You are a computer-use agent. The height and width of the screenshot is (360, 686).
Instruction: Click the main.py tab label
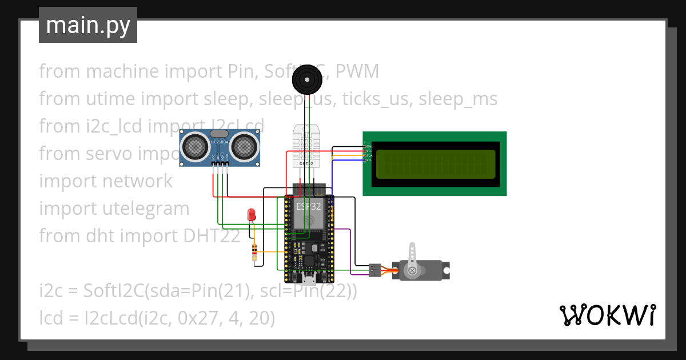click(x=87, y=25)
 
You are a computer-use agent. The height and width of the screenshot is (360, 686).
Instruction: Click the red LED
click(x=251, y=215)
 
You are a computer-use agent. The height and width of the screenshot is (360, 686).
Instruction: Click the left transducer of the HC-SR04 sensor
click(x=196, y=147)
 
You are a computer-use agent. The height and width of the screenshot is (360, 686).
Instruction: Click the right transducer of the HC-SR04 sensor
click(x=245, y=147)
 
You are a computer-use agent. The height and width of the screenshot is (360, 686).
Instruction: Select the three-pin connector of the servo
click(x=374, y=270)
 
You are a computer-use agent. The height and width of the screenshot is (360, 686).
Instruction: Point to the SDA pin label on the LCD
click(x=369, y=155)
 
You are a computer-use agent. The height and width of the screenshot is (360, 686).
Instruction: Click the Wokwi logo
click(x=607, y=315)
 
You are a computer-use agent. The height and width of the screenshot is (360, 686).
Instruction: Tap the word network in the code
click(x=137, y=181)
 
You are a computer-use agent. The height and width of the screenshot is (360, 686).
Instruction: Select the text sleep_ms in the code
click(x=458, y=99)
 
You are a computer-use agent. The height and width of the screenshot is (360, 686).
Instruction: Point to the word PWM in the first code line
click(x=357, y=71)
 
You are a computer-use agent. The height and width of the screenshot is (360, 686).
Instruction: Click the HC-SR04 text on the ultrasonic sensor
click(x=220, y=142)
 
